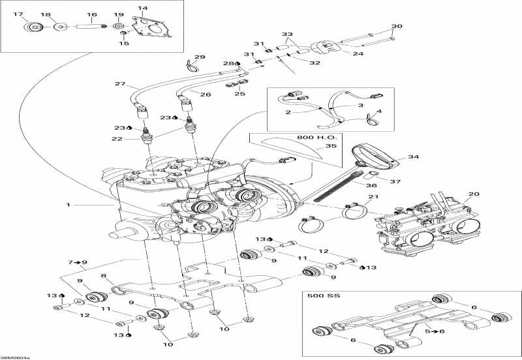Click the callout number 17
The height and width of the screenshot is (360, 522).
pyautogui.click(x=18, y=14)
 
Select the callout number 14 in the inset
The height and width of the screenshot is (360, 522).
pyautogui.click(x=143, y=8)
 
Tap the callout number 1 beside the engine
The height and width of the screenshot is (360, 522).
pyautogui.click(x=67, y=204)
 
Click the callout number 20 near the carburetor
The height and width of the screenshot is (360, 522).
pyautogui.click(x=473, y=194)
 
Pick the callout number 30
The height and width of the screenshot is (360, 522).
pyautogui.click(x=397, y=27)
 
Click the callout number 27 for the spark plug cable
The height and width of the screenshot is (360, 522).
pyautogui.click(x=119, y=84)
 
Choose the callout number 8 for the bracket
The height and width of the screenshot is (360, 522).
pyautogui.click(x=102, y=277)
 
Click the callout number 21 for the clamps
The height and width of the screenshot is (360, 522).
pyautogui.click(x=372, y=198)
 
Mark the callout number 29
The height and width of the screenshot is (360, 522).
pyautogui.click(x=200, y=57)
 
